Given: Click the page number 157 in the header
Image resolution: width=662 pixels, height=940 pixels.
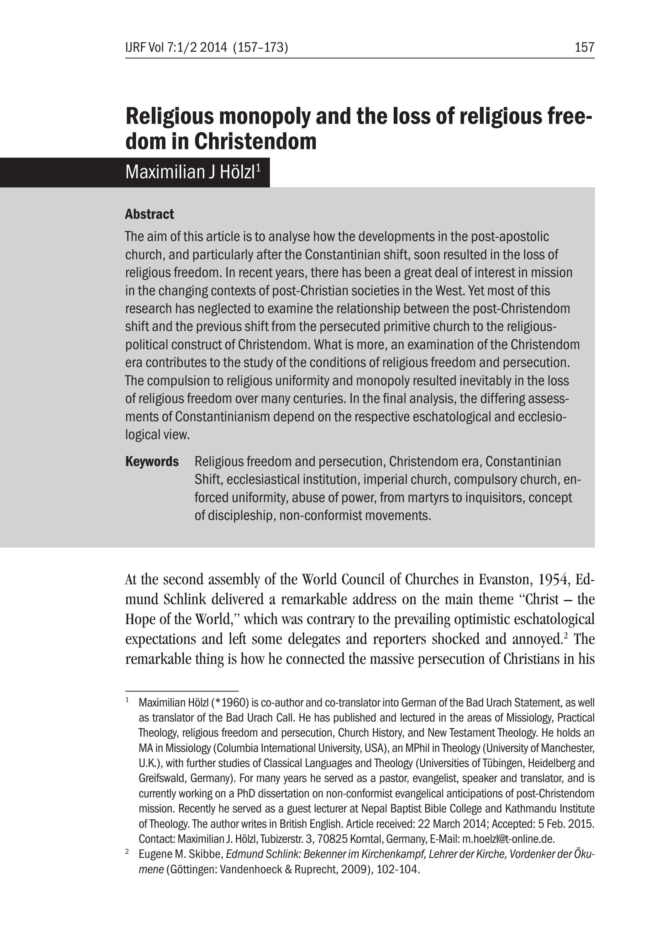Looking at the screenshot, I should pos(584,48).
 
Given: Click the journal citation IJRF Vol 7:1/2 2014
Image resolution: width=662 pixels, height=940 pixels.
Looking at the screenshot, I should pos(176,48).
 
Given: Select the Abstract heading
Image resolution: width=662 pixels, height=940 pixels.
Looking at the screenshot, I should pos(150,214).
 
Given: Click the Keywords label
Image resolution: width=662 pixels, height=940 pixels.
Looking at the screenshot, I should pos(152,461).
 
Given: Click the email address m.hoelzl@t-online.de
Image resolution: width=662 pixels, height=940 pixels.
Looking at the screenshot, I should pos(508,839).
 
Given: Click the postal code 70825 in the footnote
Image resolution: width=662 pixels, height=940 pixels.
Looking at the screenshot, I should pos(332,839).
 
